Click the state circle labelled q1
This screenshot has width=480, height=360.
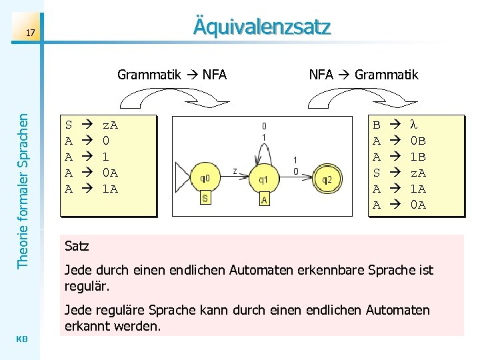point(263,178)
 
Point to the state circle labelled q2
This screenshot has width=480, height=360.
point(327,178)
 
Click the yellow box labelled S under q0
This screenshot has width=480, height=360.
point(205,199)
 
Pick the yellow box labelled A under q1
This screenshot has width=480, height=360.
point(264,199)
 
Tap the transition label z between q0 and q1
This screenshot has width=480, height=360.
point(234,171)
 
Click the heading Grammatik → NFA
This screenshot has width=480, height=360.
point(172,75)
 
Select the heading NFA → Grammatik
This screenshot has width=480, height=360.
point(363,75)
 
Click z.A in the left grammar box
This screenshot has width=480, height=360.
point(110,125)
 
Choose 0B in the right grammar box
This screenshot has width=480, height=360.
point(418,141)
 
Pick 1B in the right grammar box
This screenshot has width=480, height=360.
point(418,157)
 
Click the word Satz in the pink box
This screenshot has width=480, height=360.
point(77,247)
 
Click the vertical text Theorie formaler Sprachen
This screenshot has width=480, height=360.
point(23,190)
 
